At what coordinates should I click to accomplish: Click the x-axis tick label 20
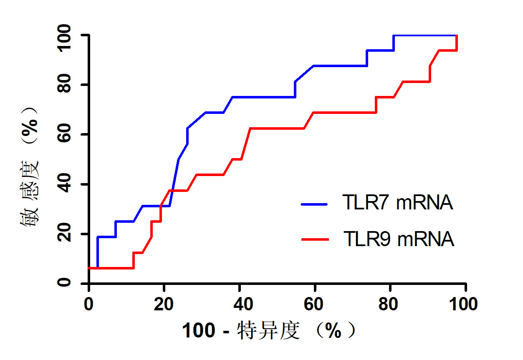(164, 305)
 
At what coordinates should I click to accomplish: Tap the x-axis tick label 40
(239, 305)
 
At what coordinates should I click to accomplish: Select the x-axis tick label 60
(314, 305)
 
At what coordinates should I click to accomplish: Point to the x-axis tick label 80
(390, 305)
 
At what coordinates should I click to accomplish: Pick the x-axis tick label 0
(88, 305)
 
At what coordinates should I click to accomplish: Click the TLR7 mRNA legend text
(397, 204)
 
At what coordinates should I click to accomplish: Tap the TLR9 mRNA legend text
(398, 239)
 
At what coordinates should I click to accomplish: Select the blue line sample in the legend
(315, 204)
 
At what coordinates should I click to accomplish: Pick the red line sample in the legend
(315, 239)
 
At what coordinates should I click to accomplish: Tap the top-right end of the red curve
(457, 36)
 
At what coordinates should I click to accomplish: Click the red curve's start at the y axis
(89, 268)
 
